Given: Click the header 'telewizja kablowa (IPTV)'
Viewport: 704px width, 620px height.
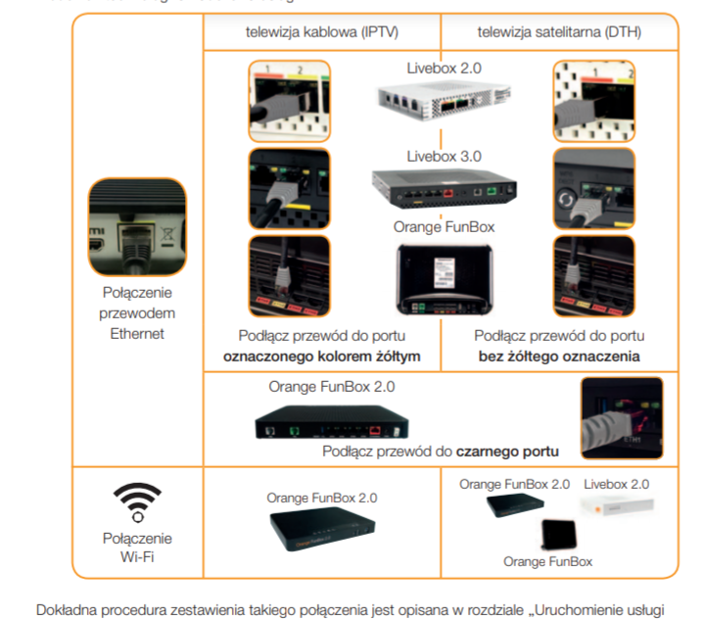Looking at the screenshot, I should (321, 31).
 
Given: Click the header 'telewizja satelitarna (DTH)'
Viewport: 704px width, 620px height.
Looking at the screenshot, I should (559, 31).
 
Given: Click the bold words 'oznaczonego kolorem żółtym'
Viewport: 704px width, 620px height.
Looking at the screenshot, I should (321, 357).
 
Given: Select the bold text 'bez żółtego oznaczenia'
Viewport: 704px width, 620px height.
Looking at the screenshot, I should (559, 357).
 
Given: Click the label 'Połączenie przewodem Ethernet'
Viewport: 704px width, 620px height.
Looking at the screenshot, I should (136, 312).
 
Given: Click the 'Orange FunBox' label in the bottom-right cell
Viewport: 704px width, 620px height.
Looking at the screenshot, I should (548, 561).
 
